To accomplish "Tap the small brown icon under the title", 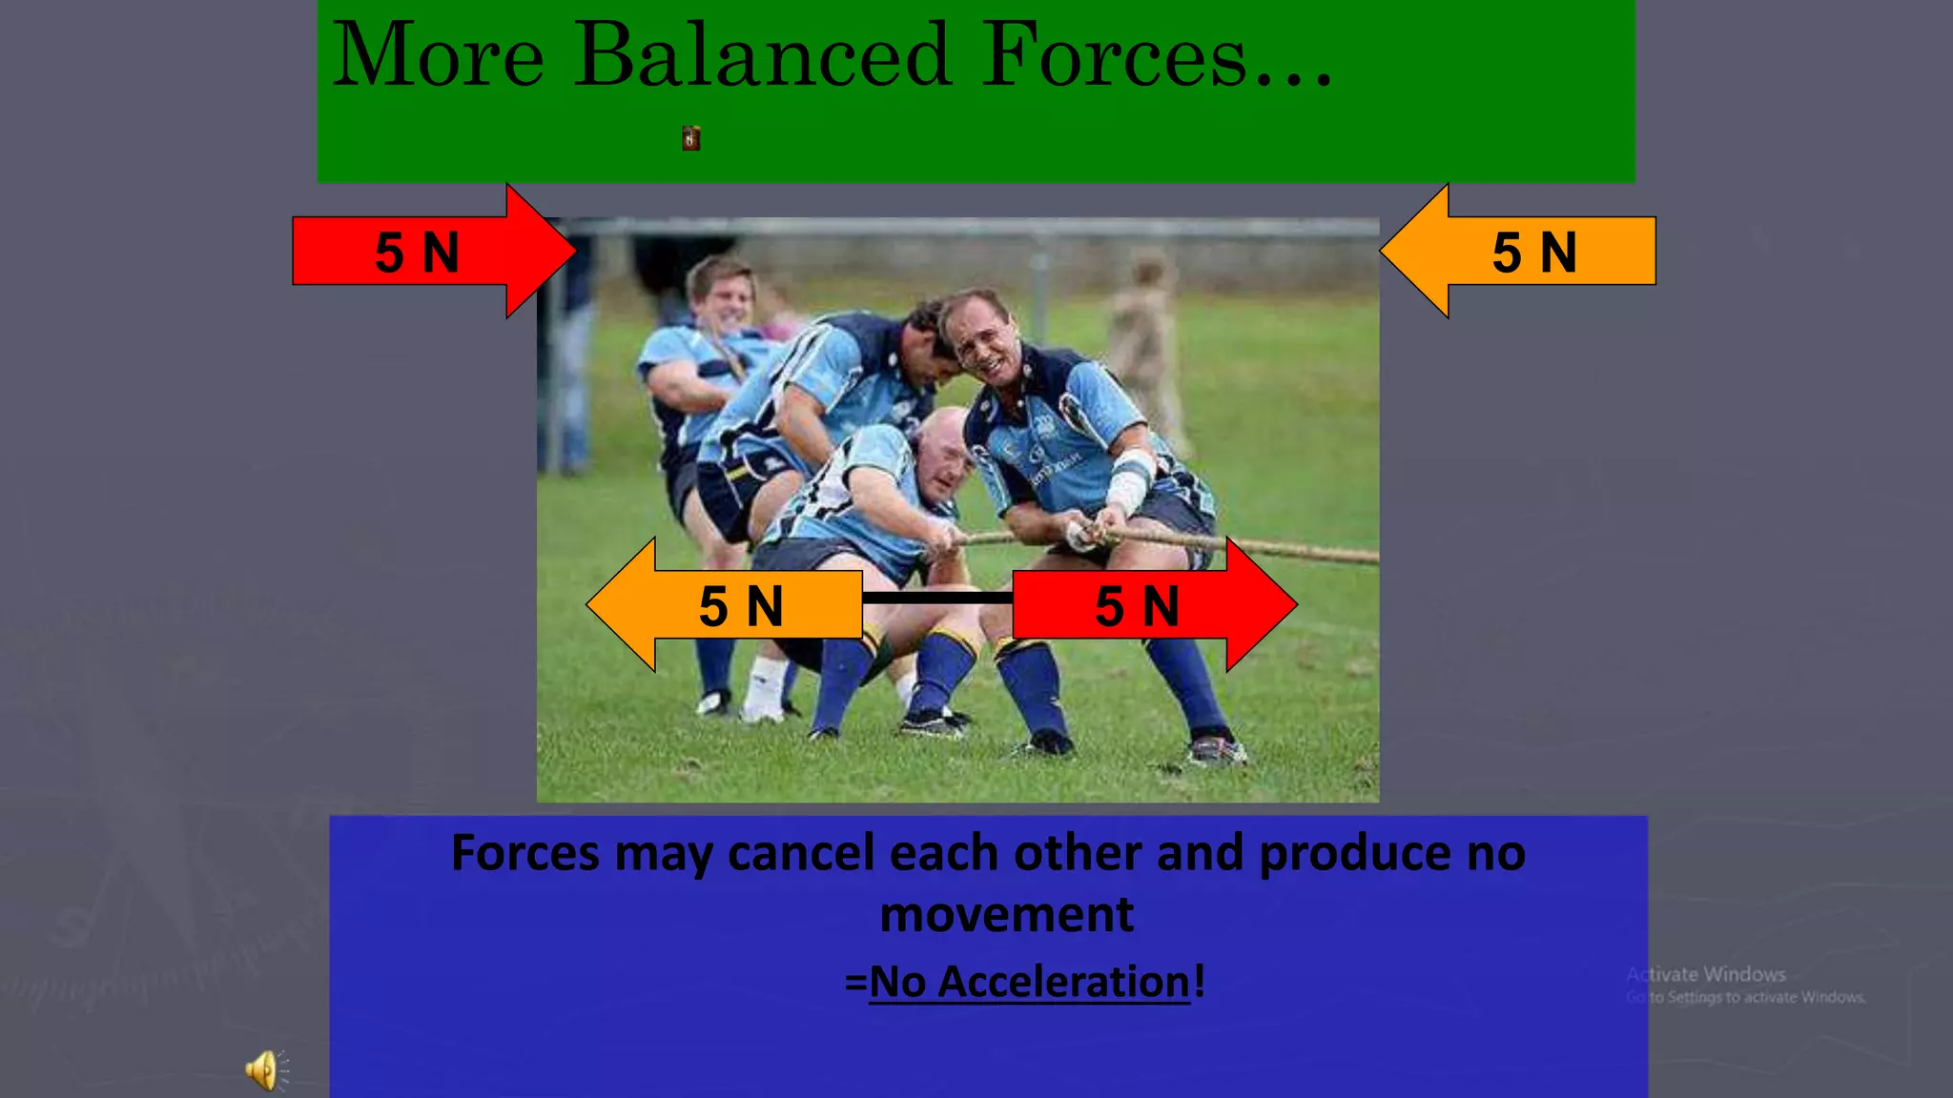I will [x=691, y=139].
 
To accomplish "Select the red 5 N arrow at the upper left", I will [x=420, y=252].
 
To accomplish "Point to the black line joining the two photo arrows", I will [x=936, y=599].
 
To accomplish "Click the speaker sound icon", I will [x=264, y=1070].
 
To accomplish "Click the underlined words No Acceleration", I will [x=1030, y=982].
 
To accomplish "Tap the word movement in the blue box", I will [x=1006, y=915].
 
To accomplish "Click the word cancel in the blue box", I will [x=800, y=853].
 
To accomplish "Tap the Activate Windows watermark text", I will [x=1707, y=975].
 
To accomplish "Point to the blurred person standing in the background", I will [x=1149, y=343].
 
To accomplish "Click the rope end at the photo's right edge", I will [x=1354, y=554].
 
